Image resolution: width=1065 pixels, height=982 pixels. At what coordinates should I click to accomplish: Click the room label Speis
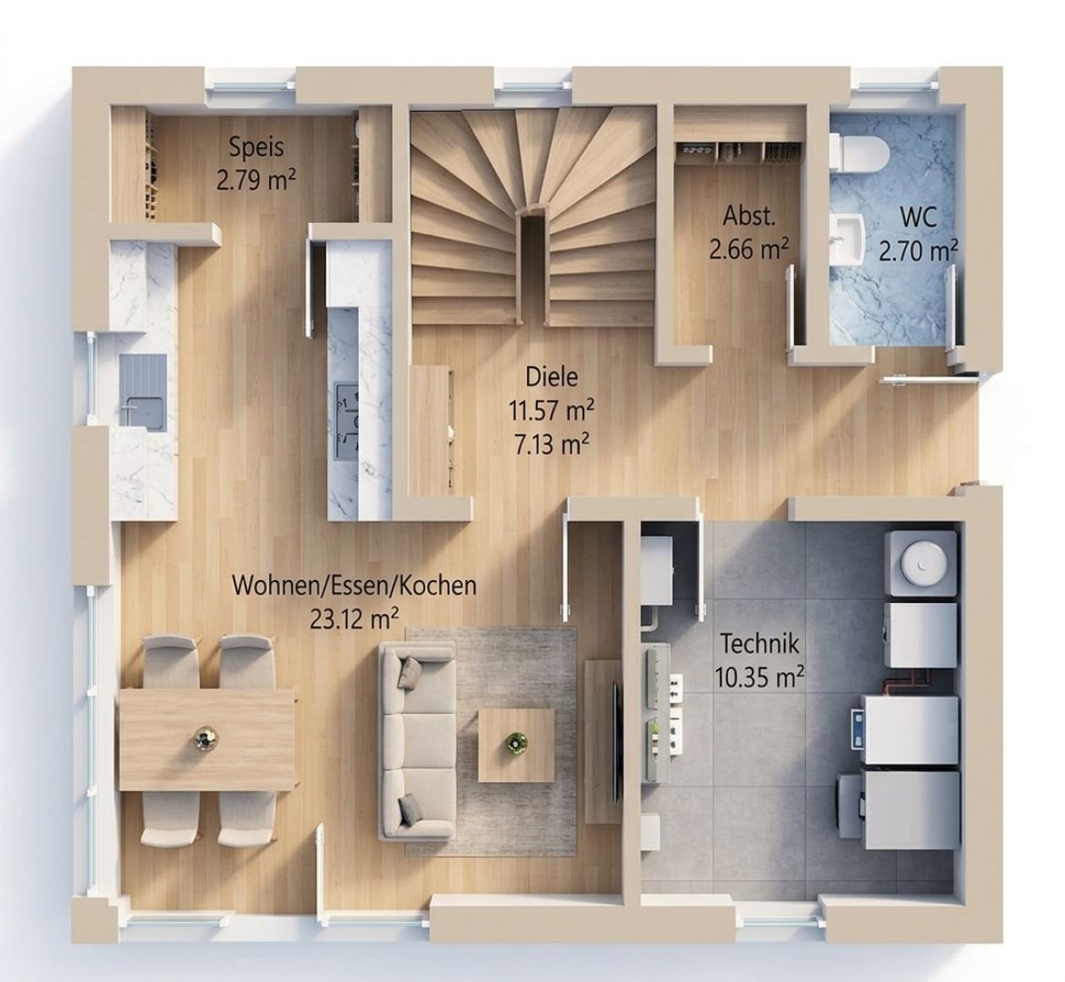pos(256,147)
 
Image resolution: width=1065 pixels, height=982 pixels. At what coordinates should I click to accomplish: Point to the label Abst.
pos(749,216)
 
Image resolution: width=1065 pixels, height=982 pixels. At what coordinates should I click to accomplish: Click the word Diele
pos(552,376)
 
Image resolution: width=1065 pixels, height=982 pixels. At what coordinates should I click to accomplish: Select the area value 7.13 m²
pos(552,445)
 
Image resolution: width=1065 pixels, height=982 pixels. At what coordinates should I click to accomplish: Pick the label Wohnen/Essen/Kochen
pos(353,586)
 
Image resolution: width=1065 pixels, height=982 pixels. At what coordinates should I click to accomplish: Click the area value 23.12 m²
pos(353,619)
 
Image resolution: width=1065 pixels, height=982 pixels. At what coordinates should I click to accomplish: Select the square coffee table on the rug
pos(516,746)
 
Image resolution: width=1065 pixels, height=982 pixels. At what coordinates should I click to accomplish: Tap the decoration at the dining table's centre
pos(204,738)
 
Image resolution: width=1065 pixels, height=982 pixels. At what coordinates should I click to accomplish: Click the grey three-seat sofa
pos(416,741)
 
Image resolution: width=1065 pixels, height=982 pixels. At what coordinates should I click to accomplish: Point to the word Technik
pos(760,643)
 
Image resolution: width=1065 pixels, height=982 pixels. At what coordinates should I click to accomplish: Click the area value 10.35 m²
pos(760,676)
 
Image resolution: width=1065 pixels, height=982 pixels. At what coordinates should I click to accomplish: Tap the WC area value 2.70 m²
pos(919,251)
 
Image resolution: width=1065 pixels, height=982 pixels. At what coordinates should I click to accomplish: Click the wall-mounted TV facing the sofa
pos(617,739)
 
